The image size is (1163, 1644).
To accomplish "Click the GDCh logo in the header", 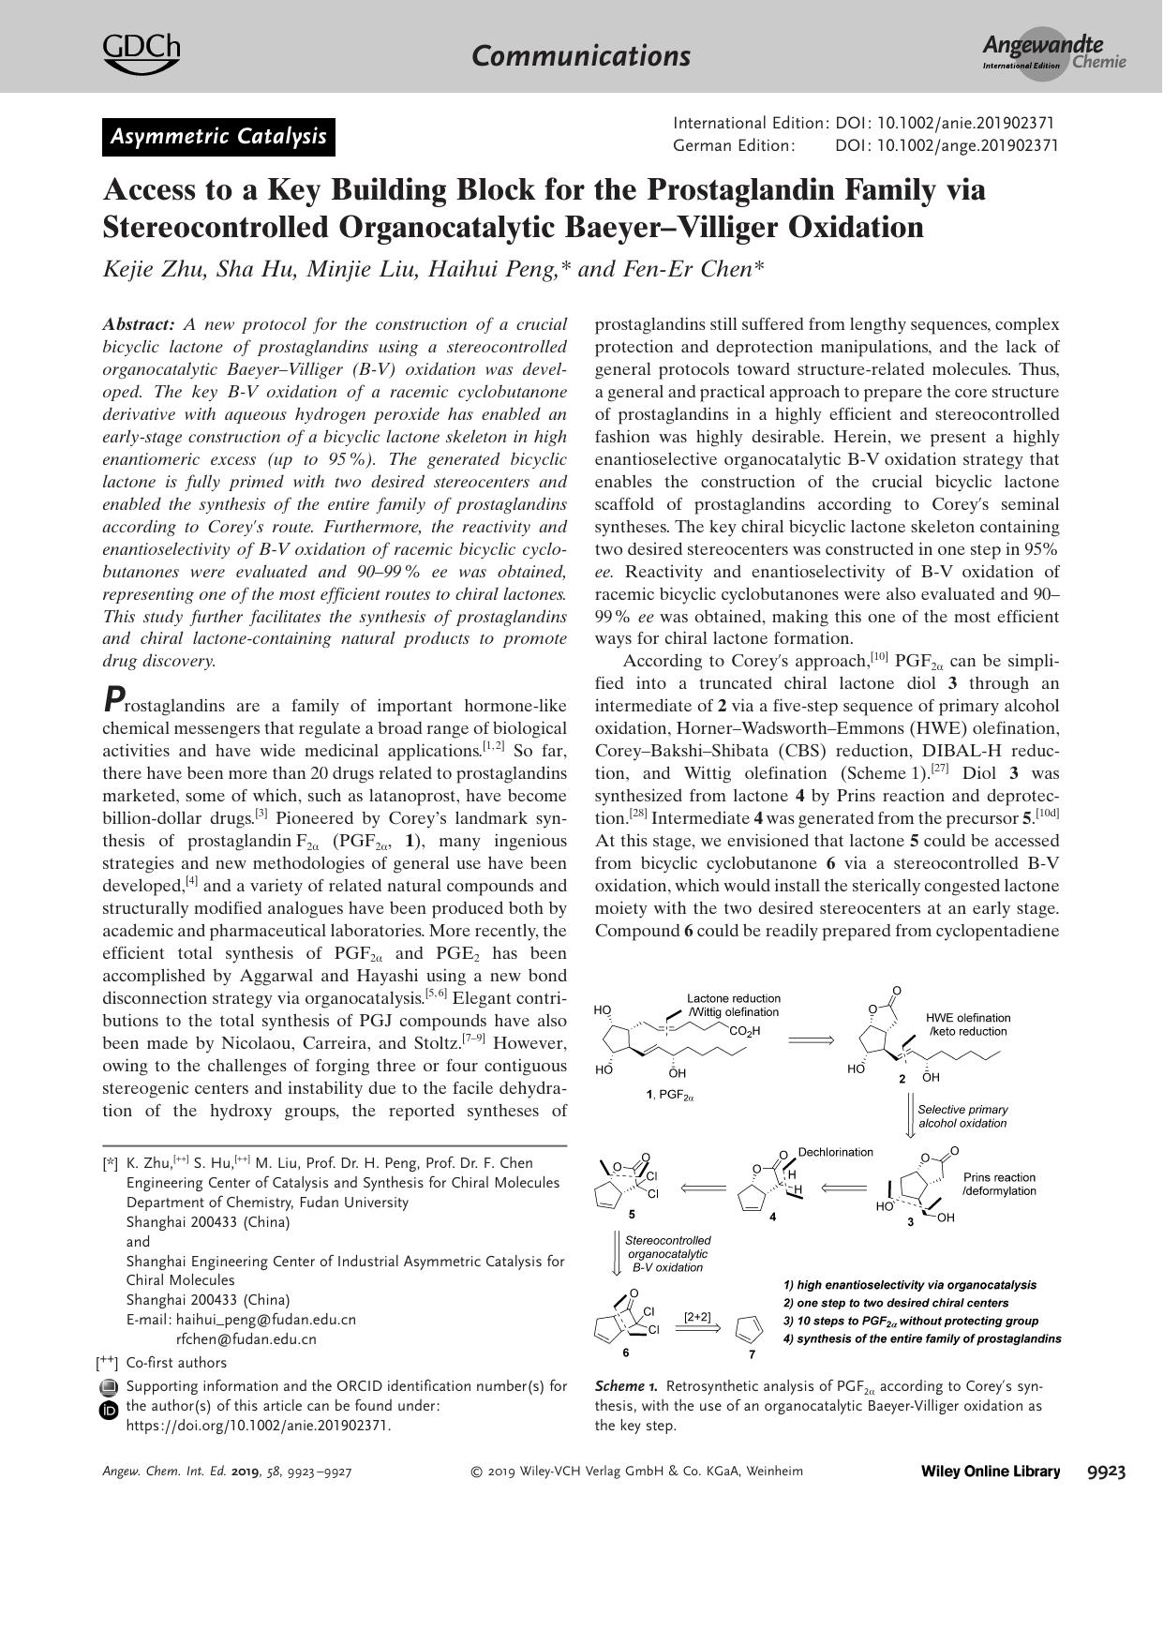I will tap(141, 52).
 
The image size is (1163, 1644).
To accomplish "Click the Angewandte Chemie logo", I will tap(1053, 53).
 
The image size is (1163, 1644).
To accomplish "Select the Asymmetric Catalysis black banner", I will tap(218, 137).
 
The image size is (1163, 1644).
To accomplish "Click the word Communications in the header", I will tap(581, 55).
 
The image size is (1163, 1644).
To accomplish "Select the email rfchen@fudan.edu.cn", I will tap(246, 1338).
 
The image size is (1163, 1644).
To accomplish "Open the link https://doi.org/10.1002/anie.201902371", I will tap(258, 1425).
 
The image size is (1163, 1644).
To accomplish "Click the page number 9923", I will tap(1106, 1472).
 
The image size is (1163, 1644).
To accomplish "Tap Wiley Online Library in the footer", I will tap(991, 1472).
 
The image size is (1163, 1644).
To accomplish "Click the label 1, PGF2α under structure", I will tap(669, 1094).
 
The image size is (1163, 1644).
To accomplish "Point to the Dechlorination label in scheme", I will tap(835, 1152).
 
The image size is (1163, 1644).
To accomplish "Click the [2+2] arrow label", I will tap(697, 1317).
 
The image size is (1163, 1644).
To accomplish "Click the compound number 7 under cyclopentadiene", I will tap(752, 1353).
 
